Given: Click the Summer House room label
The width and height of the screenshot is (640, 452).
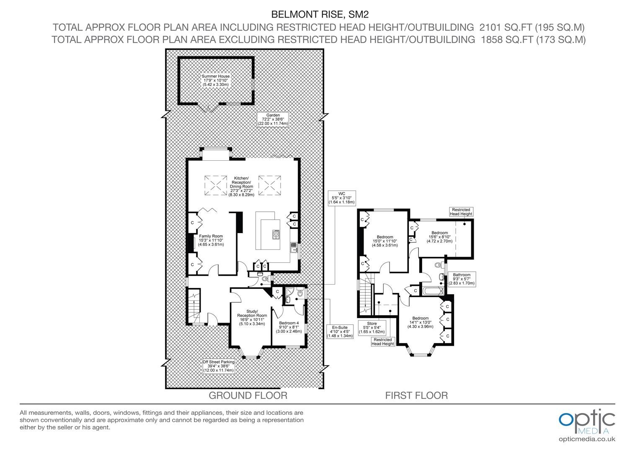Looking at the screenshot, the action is [215, 80].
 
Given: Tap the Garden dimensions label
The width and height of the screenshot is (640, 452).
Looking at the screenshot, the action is [273, 119].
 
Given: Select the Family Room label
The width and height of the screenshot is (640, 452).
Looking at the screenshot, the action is [211, 240].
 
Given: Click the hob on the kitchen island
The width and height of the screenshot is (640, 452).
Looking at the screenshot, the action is [276, 234].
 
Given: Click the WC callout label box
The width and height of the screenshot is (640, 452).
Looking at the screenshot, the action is [342, 198].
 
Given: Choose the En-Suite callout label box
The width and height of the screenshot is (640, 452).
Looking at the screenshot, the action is [340, 331].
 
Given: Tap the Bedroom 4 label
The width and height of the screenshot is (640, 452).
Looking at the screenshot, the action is [289, 327].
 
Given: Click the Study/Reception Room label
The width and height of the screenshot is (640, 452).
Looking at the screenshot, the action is [252, 318].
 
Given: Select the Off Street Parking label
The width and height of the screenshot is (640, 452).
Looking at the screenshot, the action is [219, 366].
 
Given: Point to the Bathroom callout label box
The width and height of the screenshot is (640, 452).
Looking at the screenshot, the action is [462, 279].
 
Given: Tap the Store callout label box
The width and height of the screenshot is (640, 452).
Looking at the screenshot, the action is [372, 328].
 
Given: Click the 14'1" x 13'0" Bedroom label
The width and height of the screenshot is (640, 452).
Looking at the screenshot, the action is [420, 322].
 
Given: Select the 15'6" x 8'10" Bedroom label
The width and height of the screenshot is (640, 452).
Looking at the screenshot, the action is [439, 237].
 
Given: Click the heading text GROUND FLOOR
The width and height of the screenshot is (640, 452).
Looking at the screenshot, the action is [248, 395].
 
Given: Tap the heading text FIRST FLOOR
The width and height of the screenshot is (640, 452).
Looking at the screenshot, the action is [416, 395].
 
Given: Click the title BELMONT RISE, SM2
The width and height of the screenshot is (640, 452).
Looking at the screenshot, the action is [320, 14].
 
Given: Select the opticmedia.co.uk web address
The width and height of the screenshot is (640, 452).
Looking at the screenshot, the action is [587, 439].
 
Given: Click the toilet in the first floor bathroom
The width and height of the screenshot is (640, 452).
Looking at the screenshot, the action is [438, 265].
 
